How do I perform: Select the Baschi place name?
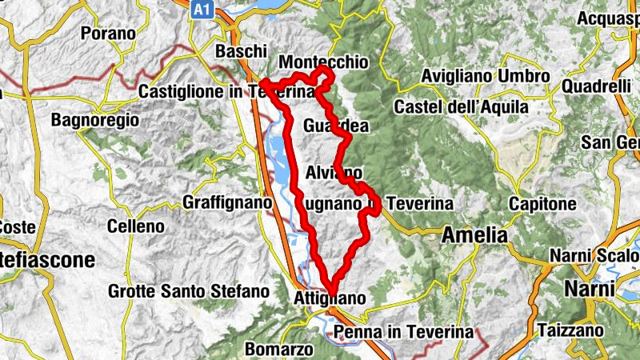[x=241, y=51]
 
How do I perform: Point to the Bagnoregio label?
[x=94, y=121]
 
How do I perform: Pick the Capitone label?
[x=542, y=204]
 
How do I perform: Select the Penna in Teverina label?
[x=405, y=331]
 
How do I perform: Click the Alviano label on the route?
[x=334, y=172]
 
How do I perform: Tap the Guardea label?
[x=336, y=126]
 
